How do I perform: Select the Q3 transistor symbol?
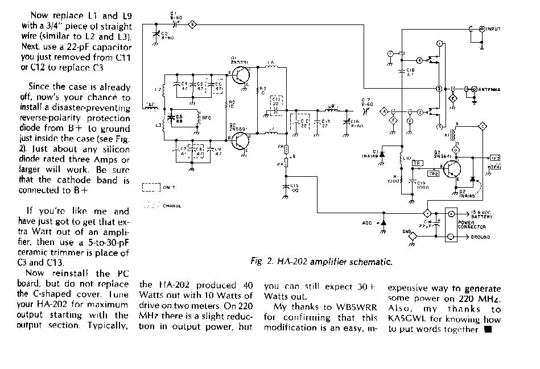454,169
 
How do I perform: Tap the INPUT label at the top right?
493,29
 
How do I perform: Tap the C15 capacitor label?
294,188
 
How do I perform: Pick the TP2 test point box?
433,173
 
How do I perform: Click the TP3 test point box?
496,157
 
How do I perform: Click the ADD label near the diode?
367,223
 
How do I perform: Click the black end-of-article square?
488,330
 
